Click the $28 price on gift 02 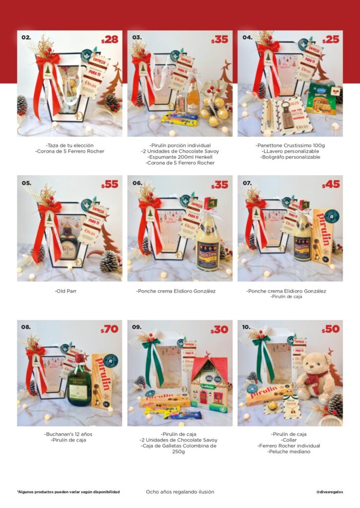pyautogui.click(x=110, y=40)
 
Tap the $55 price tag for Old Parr pyautogui.click(x=110, y=185)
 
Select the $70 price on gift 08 pyautogui.click(x=110, y=329)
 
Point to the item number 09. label pyautogui.click(x=137, y=327)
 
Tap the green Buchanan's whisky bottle pyautogui.click(x=79, y=382)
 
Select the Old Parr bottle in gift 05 pyautogui.click(x=69, y=246)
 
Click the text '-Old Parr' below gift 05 pyautogui.click(x=70, y=291)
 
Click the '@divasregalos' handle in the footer pyautogui.click(x=330, y=492)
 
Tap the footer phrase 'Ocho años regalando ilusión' pyautogui.click(x=180, y=492)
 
